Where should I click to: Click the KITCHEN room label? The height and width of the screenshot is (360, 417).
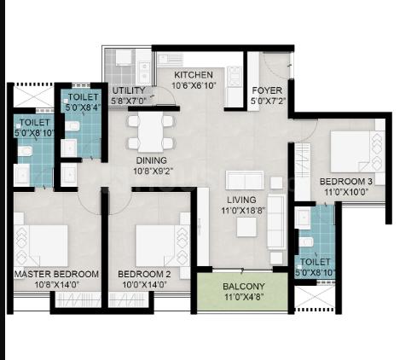[x=194, y=75]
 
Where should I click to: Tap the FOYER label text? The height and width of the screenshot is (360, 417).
[x=267, y=90]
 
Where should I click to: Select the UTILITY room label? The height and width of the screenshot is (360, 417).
[x=129, y=90]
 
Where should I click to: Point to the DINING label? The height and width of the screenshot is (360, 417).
[x=152, y=160]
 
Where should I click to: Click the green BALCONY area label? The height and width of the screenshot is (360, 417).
[x=244, y=287]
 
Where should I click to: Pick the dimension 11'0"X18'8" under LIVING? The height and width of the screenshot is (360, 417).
[x=243, y=211]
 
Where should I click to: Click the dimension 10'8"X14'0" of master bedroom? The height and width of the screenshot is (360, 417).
[x=57, y=285]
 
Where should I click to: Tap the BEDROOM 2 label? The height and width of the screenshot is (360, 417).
[x=144, y=274]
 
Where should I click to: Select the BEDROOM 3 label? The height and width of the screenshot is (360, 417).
[x=346, y=182]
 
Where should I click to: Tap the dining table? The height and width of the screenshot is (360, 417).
[x=151, y=132]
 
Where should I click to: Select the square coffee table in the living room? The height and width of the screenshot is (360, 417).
[x=246, y=227]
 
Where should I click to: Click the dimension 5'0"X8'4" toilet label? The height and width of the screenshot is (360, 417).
[x=82, y=107]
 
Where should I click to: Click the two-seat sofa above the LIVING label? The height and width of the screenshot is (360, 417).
[x=245, y=180]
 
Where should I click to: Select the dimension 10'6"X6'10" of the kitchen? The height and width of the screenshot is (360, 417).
[x=194, y=85]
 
